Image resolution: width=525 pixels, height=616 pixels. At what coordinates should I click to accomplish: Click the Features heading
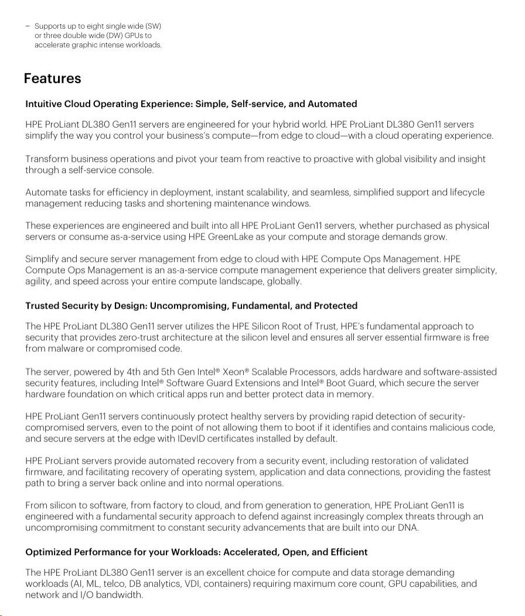tap(52, 78)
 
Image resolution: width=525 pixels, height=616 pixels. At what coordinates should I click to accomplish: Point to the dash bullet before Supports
tap(28, 26)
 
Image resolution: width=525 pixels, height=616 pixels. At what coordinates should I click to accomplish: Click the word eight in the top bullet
tap(91, 26)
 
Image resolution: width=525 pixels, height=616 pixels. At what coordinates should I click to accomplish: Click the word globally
tap(284, 282)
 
